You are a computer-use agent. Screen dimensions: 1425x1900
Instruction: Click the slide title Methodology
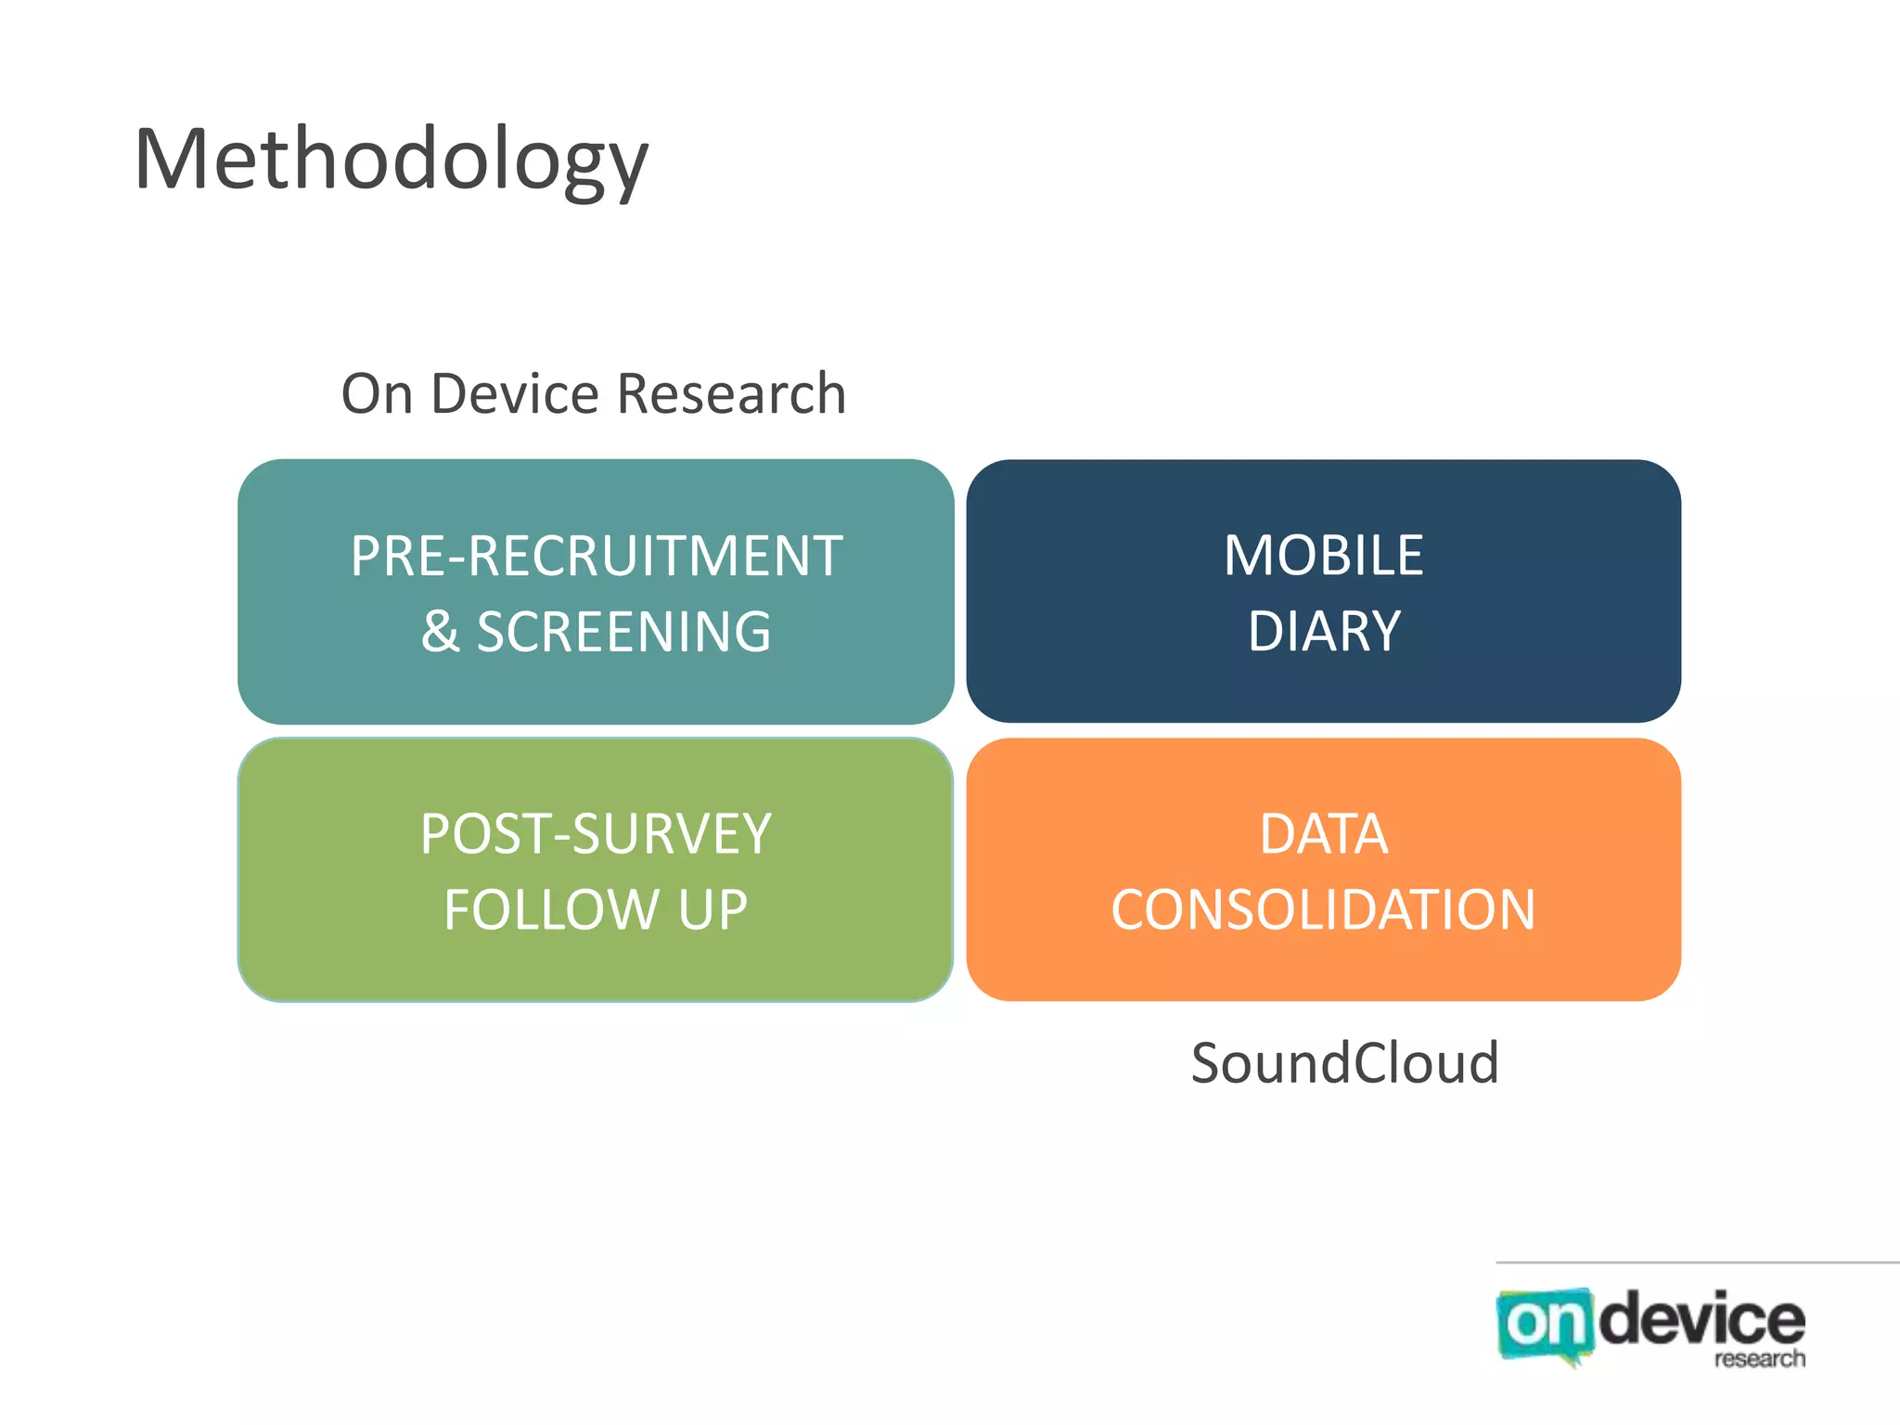pyautogui.click(x=391, y=160)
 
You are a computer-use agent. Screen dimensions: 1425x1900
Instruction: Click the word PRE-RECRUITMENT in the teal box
pyautogui.click(x=597, y=557)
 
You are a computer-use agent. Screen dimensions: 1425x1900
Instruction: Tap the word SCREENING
pyautogui.click(x=623, y=633)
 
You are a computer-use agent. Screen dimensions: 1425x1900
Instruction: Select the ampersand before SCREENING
pyautogui.click(x=440, y=633)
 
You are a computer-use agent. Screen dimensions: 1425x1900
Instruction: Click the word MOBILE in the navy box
pyautogui.click(x=1323, y=557)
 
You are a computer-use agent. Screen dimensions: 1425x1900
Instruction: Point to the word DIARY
pyautogui.click(x=1323, y=633)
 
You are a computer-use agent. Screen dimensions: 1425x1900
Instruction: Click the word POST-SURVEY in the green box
pyautogui.click(x=596, y=834)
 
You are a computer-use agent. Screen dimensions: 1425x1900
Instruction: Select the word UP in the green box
pyautogui.click(x=712, y=910)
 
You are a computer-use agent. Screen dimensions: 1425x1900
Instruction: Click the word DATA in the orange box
pyautogui.click(x=1323, y=834)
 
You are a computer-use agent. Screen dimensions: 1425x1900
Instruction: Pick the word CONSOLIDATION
pyautogui.click(x=1323, y=910)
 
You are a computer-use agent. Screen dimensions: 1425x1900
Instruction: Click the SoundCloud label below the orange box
pyautogui.click(x=1344, y=1063)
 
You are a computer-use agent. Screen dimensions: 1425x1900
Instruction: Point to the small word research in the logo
pyautogui.click(x=1759, y=1359)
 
